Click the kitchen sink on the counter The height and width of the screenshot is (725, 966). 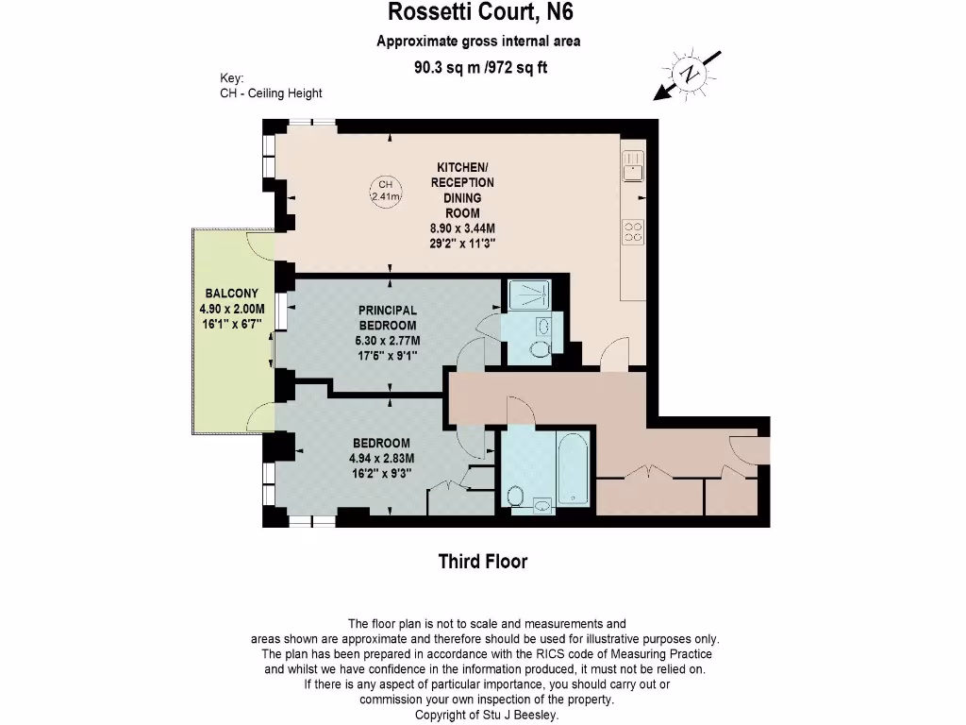click(x=633, y=166)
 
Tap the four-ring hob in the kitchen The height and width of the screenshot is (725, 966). click(x=633, y=231)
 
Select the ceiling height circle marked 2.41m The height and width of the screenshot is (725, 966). click(x=385, y=191)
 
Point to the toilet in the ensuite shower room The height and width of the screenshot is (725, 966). click(x=540, y=350)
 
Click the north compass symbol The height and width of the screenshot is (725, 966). click(x=691, y=75)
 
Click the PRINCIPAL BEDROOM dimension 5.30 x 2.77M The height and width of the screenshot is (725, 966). click(x=388, y=341)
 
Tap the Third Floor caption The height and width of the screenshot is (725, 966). click(x=482, y=562)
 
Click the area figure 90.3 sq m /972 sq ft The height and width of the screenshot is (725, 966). click(x=480, y=67)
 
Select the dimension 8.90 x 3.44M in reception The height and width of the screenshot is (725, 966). click(x=462, y=228)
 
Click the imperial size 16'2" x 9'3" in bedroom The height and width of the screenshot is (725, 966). click(x=381, y=474)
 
